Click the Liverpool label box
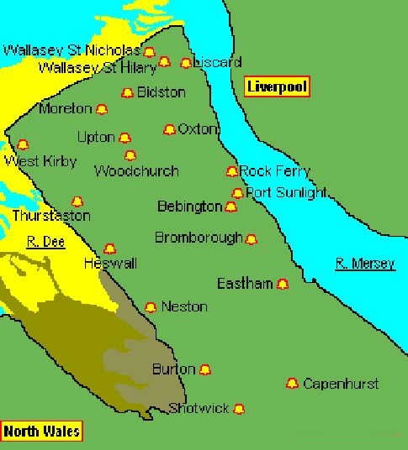click(x=277, y=86)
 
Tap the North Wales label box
click(x=42, y=432)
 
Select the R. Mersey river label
click(x=365, y=264)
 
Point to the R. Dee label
click(x=45, y=242)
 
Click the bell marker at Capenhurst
click(x=292, y=384)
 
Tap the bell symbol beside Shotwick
click(x=239, y=409)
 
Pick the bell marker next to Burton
click(x=204, y=369)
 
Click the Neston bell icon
click(x=151, y=307)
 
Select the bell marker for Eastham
click(x=283, y=284)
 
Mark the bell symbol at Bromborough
click(x=251, y=239)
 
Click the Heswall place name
click(x=110, y=264)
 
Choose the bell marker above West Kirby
click(x=23, y=144)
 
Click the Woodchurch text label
click(x=136, y=171)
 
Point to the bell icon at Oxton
click(x=169, y=130)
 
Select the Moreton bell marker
click(x=102, y=109)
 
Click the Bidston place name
click(x=161, y=92)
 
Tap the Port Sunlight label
click(x=286, y=192)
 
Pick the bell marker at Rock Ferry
click(x=231, y=171)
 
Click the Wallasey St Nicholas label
click(x=72, y=50)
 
